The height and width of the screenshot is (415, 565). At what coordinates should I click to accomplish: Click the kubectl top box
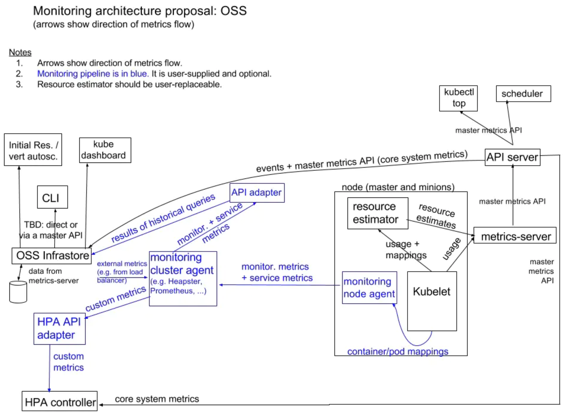pyautogui.click(x=458, y=98)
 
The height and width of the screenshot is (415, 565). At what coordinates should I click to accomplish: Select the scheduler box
pyautogui.click(x=523, y=94)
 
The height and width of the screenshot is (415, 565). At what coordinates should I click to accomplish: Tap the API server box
pyautogui.click(x=512, y=157)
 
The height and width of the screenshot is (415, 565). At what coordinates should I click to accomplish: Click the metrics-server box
pyautogui.click(x=515, y=235)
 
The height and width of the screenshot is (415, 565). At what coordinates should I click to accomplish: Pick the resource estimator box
pyautogui.click(x=377, y=213)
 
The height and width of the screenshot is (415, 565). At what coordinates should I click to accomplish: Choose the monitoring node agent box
pyautogui.click(x=369, y=287)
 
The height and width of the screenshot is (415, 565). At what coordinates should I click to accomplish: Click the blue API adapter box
pyautogui.click(x=257, y=193)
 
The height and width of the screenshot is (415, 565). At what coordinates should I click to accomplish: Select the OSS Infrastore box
pyautogui.click(x=52, y=256)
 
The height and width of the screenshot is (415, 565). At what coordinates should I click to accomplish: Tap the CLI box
pyautogui.click(x=52, y=197)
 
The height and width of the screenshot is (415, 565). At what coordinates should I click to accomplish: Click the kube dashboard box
pyautogui.click(x=105, y=150)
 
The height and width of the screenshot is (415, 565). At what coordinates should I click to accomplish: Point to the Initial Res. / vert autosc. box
pyautogui.click(x=33, y=150)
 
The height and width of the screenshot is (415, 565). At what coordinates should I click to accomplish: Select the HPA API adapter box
pyautogui.click(x=60, y=329)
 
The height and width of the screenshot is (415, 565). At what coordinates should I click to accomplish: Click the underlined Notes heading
pyautogui.click(x=20, y=52)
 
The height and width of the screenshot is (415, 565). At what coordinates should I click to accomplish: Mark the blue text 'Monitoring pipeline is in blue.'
pyautogui.click(x=93, y=74)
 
